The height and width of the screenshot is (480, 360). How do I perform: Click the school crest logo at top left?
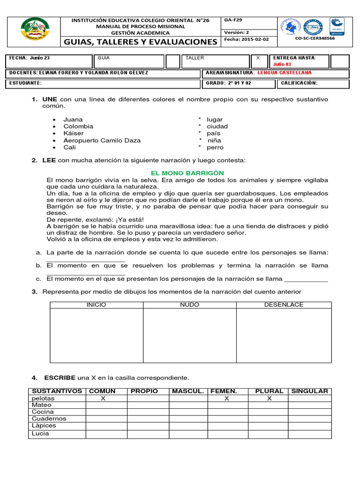click(36, 31)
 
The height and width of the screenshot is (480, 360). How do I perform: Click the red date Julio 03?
click(282, 64)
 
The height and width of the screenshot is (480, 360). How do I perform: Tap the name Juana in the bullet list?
click(73, 120)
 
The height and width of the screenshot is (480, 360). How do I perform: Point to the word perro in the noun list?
click(215, 147)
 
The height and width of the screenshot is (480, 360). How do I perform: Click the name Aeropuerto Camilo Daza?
click(102, 140)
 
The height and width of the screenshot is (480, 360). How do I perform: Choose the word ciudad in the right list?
click(217, 127)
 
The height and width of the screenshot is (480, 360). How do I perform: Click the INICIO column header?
click(97, 305)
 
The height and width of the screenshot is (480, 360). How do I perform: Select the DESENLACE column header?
click(284, 305)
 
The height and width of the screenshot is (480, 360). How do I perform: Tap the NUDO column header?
click(190, 305)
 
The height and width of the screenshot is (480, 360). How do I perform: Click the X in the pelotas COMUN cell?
click(102, 398)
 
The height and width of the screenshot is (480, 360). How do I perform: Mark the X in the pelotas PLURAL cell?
click(269, 398)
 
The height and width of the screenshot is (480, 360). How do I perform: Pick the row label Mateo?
click(41, 405)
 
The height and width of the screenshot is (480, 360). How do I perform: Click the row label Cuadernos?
click(49, 419)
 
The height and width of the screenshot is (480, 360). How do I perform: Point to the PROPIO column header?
click(144, 391)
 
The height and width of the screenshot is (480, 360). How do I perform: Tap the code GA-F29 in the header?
click(233, 20)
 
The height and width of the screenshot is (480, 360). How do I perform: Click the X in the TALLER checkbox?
click(258, 58)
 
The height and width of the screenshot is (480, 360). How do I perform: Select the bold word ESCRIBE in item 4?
click(60, 377)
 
